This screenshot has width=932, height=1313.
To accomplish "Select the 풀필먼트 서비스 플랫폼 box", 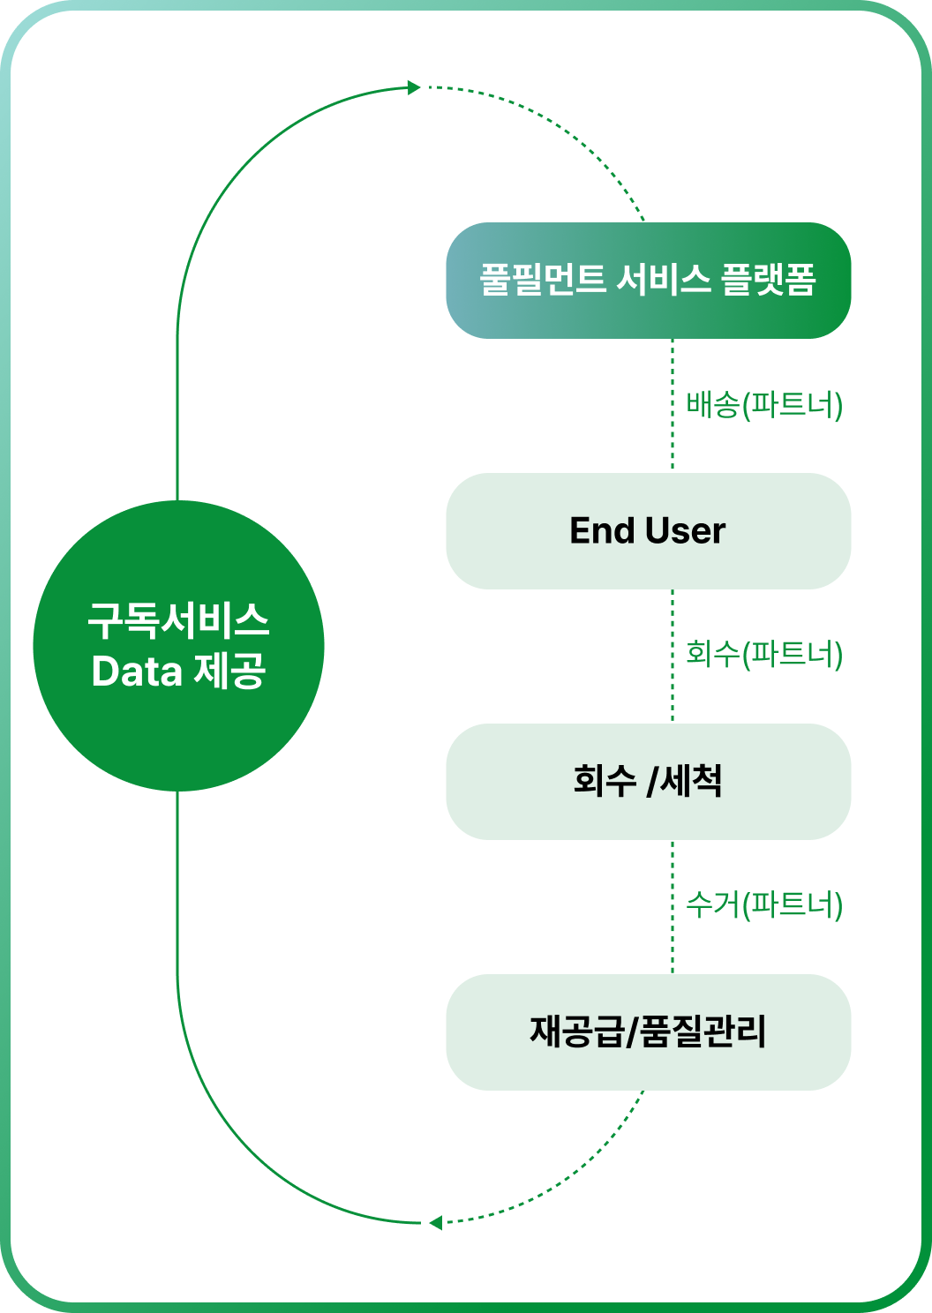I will [x=648, y=281].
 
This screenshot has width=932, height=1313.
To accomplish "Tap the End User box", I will [x=648, y=531].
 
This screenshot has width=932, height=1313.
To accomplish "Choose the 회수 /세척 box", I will [x=648, y=782].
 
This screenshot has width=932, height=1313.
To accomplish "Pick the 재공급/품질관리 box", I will [x=648, y=1032].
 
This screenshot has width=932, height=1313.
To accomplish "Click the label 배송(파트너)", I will [x=764, y=406].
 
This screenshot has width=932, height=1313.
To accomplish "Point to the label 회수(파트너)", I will [x=764, y=655].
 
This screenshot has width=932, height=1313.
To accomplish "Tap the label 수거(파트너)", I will [x=764, y=905].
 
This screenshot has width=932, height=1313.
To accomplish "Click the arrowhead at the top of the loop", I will [x=414, y=87].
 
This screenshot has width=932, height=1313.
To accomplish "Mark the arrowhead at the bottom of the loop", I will [x=435, y=1223].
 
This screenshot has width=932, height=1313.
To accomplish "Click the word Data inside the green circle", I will [x=137, y=672].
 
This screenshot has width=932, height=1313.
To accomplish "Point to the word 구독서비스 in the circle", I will [x=178, y=621].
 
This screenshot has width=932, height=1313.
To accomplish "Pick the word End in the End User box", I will [x=602, y=531].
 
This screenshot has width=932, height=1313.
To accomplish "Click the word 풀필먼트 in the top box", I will [x=542, y=281].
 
